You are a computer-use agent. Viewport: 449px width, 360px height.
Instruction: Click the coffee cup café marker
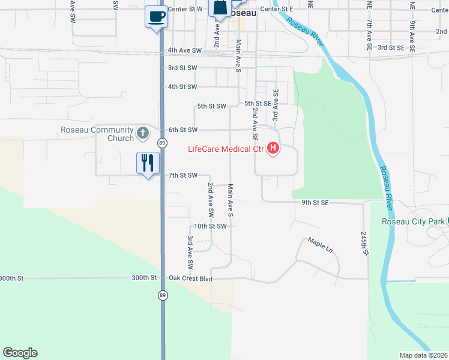point(156,16)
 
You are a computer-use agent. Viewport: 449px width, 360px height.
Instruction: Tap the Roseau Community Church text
point(97,134)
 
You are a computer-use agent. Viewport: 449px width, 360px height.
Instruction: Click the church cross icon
point(143,133)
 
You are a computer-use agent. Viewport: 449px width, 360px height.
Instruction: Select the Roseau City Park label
point(414,221)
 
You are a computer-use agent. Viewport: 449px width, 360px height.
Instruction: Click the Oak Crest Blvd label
point(191,278)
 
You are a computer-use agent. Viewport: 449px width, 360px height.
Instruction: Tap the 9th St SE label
point(315,203)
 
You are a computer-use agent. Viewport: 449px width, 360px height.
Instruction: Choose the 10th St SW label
point(209,226)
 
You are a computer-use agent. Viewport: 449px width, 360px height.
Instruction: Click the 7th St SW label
point(182,175)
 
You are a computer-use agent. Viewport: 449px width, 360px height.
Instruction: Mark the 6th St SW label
point(182,130)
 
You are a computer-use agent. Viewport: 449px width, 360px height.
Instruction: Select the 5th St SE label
point(259,103)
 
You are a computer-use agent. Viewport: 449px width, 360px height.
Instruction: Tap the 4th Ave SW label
point(185,50)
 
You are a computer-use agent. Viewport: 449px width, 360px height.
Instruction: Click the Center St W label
point(185,9)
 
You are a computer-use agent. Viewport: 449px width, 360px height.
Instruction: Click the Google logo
point(20,353)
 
